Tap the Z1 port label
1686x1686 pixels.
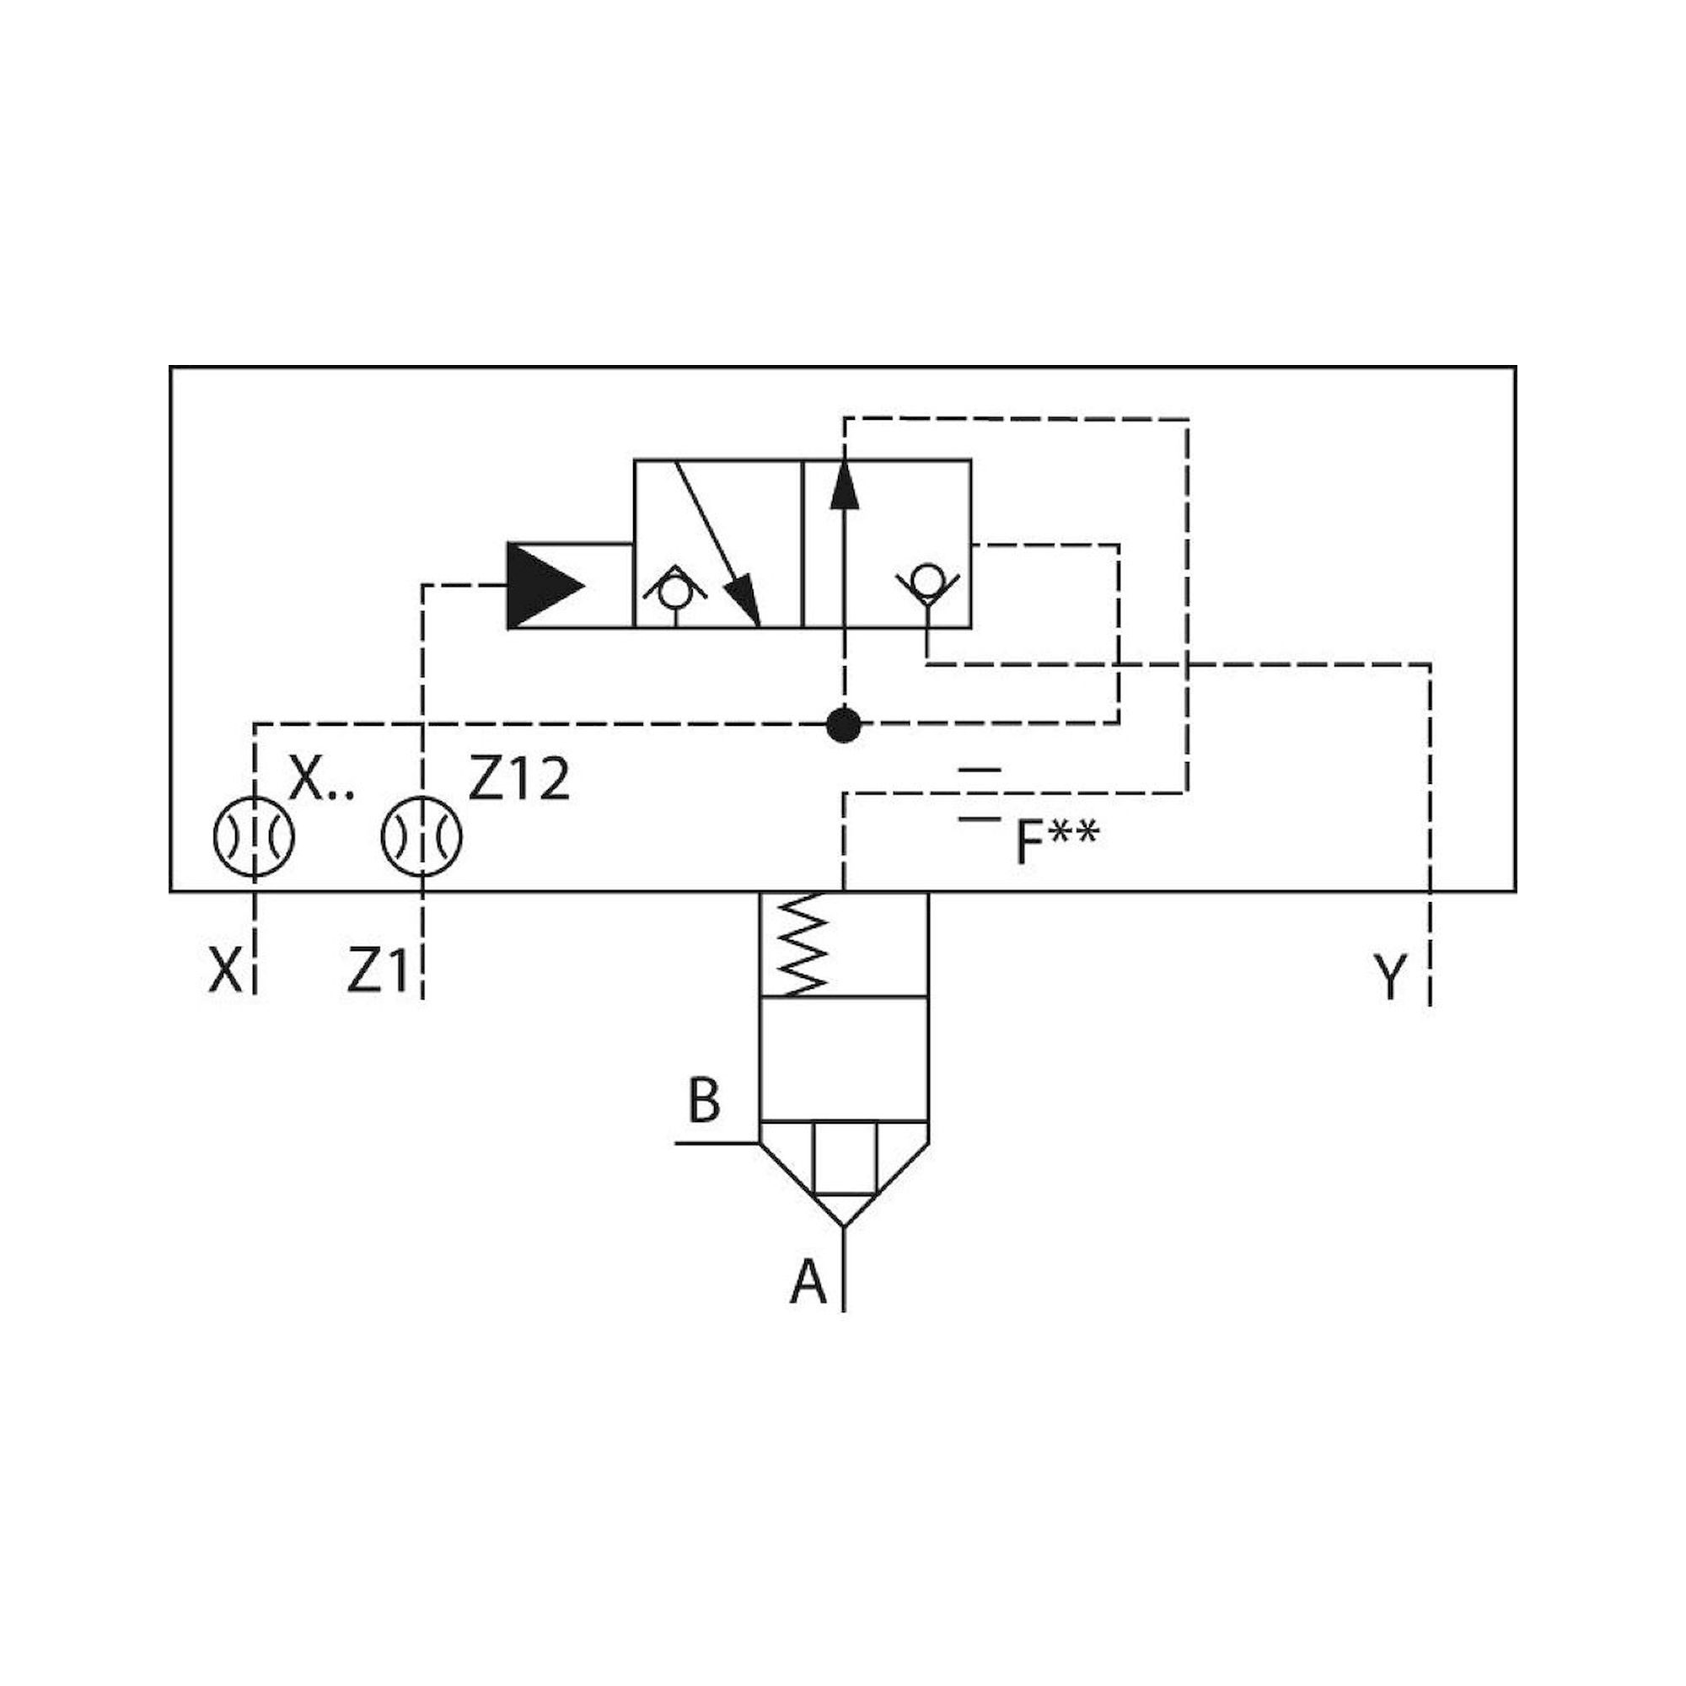(377, 971)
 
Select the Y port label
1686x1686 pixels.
(1390, 976)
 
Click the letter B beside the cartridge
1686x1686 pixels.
(704, 1101)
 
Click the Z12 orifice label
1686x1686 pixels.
(519, 779)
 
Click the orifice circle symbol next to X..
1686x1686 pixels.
(254, 836)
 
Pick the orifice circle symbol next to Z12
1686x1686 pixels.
(421, 836)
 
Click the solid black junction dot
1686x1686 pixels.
(843, 724)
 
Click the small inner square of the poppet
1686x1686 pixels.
(844, 1157)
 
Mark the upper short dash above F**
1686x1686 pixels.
(979, 771)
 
